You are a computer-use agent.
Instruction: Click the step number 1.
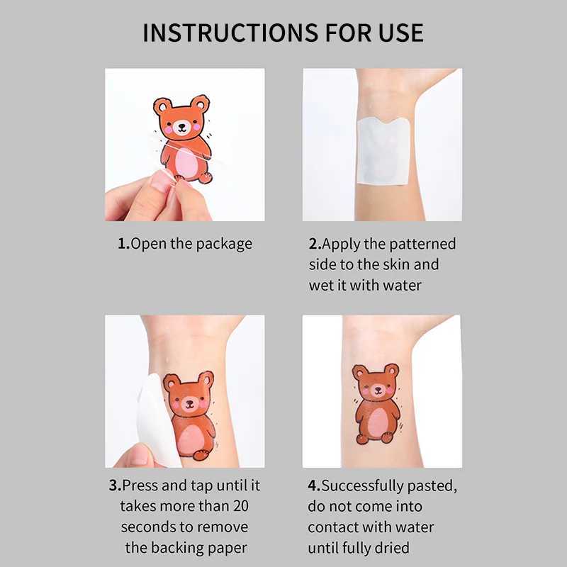click(123, 244)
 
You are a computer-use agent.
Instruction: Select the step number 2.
click(314, 244)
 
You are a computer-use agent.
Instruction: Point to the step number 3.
click(114, 485)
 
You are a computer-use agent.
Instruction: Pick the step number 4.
click(313, 485)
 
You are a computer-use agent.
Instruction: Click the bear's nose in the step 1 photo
click(181, 127)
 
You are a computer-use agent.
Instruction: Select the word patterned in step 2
click(423, 244)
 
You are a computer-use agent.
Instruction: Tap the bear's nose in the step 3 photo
click(189, 405)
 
